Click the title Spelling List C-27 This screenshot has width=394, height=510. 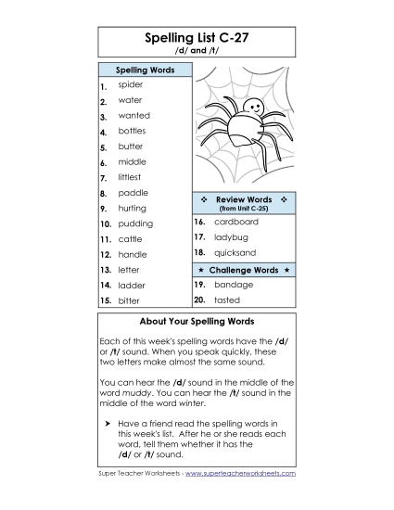pyautogui.click(x=197, y=38)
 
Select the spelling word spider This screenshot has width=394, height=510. pyautogui.click(x=130, y=84)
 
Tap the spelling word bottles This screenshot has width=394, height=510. pyautogui.click(x=132, y=131)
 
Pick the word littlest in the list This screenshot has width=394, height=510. pyautogui.click(x=132, y=177)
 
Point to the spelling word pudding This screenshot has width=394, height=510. pyautogui.click(x=135, y=223)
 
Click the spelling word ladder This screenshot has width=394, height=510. pyautogui.click(x=132, y=286)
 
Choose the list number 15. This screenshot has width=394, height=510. pyautogui.click(x=106, y=301)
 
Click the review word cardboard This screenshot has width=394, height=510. pyautogui.click(x=235, y=223)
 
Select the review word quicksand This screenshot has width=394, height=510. pyautogui.click(x=235, y=252)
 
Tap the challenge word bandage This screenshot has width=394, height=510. pyautogui.click(x=233, y=286)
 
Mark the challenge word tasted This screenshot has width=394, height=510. pyautogui.click(x=227, y=300)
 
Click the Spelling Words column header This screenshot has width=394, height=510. pyautogui.click(x=144, y=70)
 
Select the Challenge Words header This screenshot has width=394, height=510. pyautogui.click(x=244, y=270)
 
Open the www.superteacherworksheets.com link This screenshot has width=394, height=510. pyautogui.click(x=240, y=473)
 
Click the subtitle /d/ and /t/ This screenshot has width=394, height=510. pyautogui.click(x=197, y=52)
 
